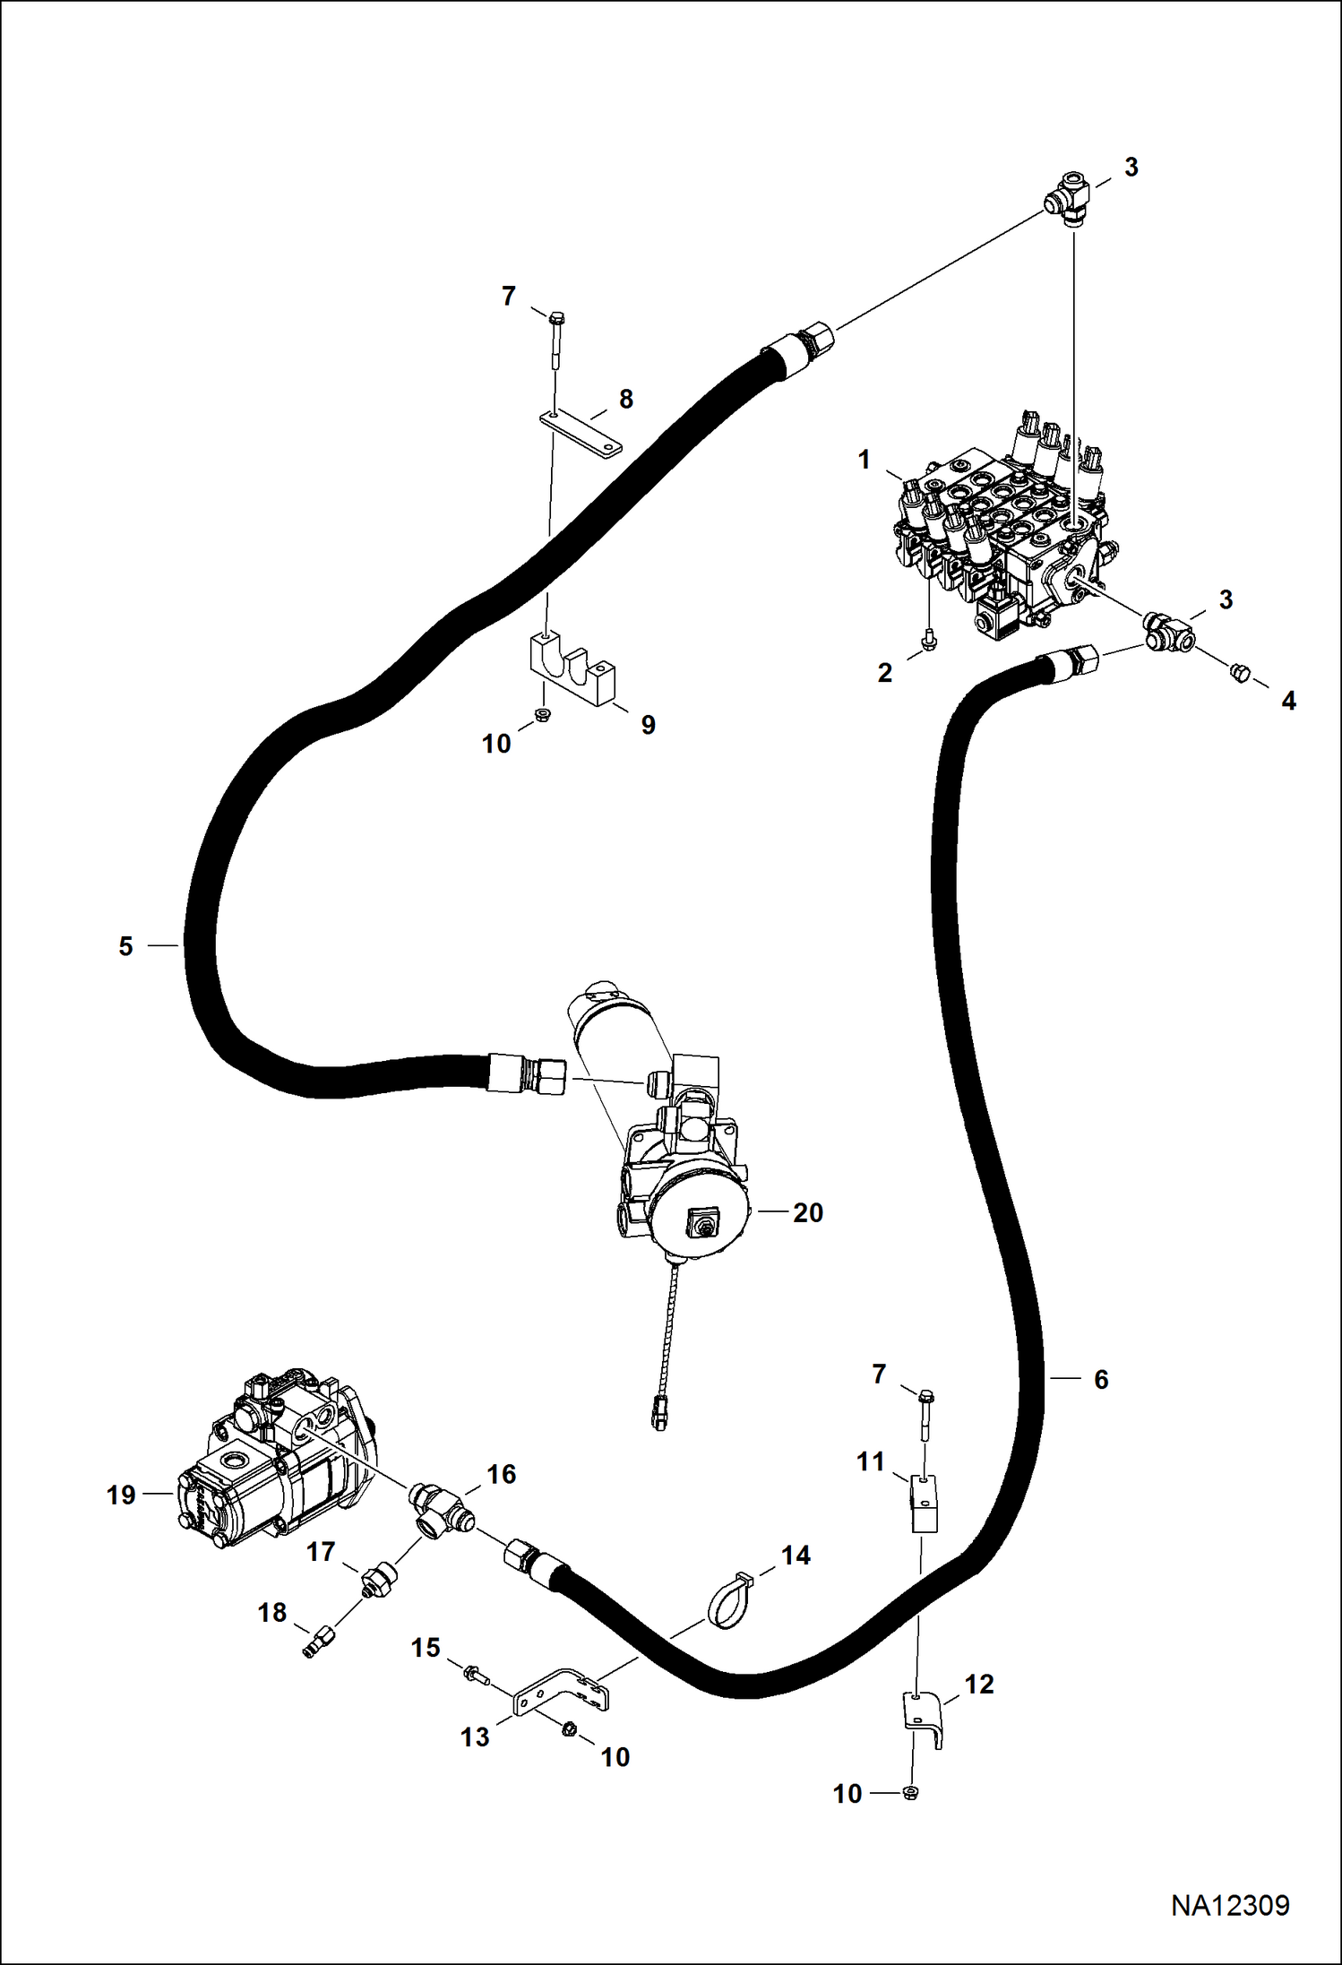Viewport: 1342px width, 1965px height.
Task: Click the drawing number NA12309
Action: point(1230,1904)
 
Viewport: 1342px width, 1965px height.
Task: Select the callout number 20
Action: point(808,1212)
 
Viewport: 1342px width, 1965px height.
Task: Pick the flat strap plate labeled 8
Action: point(581,435)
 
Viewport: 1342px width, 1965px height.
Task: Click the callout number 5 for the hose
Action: point(125,946)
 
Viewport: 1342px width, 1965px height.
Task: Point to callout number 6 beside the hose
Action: point(1101,1379)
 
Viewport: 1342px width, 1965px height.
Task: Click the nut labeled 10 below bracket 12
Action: point(912,1793)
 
